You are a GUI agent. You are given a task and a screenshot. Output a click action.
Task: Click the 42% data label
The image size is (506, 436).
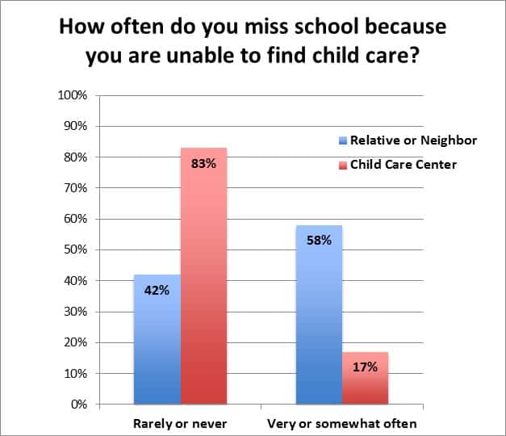coord(157,290)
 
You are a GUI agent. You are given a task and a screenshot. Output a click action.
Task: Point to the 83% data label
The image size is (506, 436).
coord(204,163)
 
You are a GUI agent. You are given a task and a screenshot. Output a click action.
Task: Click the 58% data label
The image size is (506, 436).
coord(319,240)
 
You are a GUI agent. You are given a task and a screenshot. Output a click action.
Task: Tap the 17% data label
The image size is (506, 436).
coord(365,367)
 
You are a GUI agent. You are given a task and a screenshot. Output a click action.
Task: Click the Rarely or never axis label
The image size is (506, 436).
coord(179,423)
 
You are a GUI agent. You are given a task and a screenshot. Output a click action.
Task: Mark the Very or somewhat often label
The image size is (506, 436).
coord(342,423)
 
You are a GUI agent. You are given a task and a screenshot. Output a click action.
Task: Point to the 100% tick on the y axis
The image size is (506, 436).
coord(73,95)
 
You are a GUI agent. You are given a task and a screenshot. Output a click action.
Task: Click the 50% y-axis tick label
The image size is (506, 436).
coord(75,249)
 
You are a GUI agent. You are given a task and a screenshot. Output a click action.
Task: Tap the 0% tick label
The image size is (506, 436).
coord(78,404)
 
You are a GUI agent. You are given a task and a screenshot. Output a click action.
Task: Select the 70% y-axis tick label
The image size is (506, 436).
coord(75,188)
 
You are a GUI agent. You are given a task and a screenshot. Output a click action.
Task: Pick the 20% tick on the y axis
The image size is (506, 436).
coord(75,342)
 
